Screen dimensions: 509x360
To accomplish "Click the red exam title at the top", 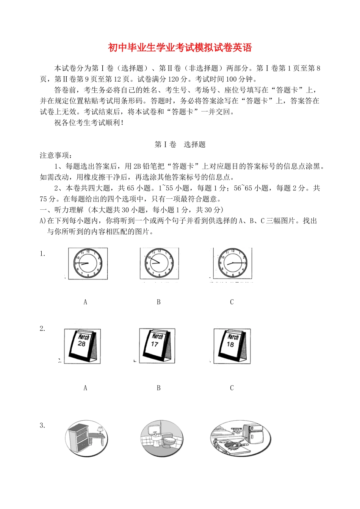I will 180,48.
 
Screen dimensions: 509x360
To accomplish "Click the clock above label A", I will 88,263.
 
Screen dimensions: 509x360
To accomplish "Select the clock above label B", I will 159,263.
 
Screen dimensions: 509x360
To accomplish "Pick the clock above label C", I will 232,263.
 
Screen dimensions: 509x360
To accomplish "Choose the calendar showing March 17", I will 157,346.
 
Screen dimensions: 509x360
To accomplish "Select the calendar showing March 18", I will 232,346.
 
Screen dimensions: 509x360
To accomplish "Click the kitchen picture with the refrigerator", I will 240,438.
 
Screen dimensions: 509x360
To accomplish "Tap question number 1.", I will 42,254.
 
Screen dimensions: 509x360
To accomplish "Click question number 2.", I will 42,329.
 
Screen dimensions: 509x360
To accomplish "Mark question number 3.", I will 42,426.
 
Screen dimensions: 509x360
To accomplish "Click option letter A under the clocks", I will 85,302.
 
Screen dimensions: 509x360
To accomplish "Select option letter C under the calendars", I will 232,388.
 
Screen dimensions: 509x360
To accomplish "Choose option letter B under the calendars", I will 159,388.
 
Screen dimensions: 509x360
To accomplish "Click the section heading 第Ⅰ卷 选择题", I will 180,145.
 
